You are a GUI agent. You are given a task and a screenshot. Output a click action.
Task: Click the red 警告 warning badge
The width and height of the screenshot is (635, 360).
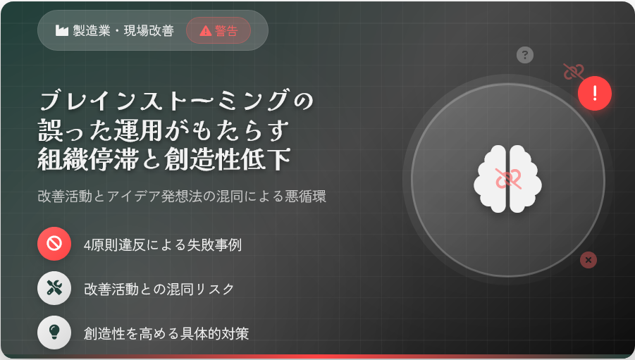coord(218,30)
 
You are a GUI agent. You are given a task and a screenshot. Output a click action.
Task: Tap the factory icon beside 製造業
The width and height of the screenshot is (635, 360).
coord(61,30)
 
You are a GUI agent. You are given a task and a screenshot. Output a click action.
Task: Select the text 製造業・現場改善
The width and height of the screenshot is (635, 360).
coord(123,30)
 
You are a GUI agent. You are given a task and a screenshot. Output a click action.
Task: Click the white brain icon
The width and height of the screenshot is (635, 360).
coord(508,179)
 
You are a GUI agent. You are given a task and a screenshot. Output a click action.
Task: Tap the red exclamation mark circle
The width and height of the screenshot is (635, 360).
coord(595,93)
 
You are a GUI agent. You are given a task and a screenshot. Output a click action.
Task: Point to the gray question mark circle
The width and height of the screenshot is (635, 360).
coord(525,55)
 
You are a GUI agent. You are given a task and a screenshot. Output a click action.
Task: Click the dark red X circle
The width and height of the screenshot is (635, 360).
coord(588,260)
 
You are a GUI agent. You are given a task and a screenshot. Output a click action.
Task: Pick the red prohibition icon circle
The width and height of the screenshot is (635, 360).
coord(54,244)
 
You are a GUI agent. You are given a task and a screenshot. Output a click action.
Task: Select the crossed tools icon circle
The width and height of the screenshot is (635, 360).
coord(54,288)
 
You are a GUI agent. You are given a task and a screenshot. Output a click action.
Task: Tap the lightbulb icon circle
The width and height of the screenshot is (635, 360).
coord(54,333)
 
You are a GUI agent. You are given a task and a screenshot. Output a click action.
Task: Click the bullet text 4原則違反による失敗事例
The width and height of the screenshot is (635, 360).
coord(163,244)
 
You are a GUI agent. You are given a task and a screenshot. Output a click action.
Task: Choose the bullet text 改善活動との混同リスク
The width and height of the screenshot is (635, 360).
coord(159,289)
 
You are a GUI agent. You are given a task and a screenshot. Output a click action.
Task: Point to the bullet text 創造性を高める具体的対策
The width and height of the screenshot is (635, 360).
coord(166,333)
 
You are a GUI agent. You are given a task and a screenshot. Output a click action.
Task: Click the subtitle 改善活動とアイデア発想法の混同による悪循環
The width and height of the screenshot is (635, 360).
coord(182,196)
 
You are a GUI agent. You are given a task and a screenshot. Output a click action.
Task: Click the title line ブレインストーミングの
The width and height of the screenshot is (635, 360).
coord(177,101)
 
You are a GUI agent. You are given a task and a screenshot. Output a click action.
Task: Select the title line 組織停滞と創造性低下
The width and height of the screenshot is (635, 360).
coord(164,159)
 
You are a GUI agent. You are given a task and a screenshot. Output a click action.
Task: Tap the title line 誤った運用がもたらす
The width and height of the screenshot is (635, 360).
coord(164,130)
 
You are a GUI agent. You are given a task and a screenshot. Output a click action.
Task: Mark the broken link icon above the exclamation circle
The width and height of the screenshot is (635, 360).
coord(574,72)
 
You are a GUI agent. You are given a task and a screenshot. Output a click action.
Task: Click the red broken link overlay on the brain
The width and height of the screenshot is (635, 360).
coord(508,178)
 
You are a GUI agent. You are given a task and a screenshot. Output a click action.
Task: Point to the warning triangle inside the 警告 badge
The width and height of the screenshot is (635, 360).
coord(206,31)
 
